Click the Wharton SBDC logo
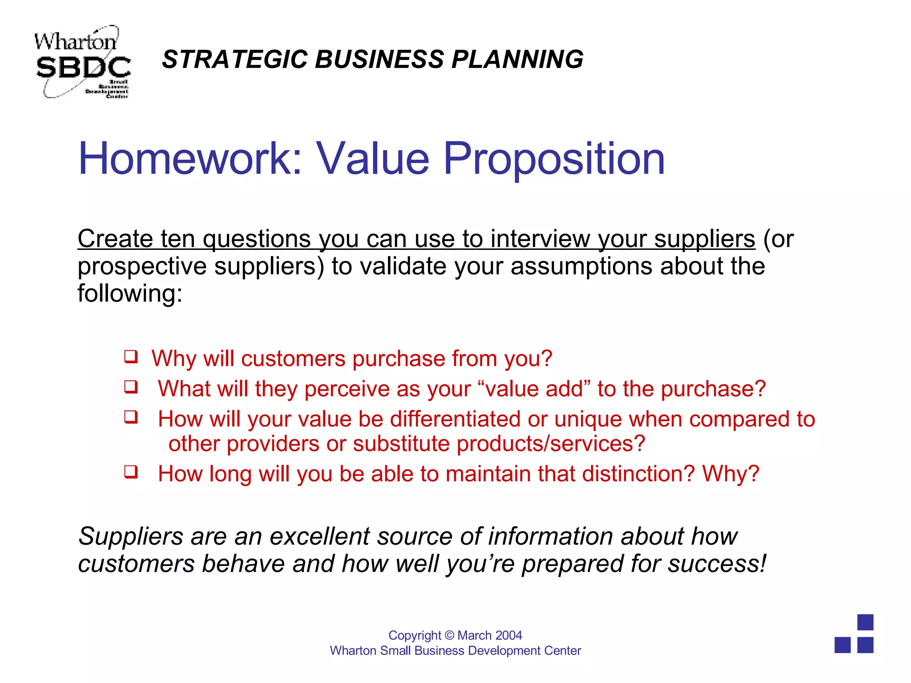point(82,62)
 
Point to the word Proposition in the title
point(554,159)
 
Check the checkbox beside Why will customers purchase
point(131,357)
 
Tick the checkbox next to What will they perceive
point(131,387)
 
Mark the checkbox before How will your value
point(131,417)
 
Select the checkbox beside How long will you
point(131,472)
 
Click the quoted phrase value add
point(534,389)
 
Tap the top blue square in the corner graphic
point(865,622)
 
